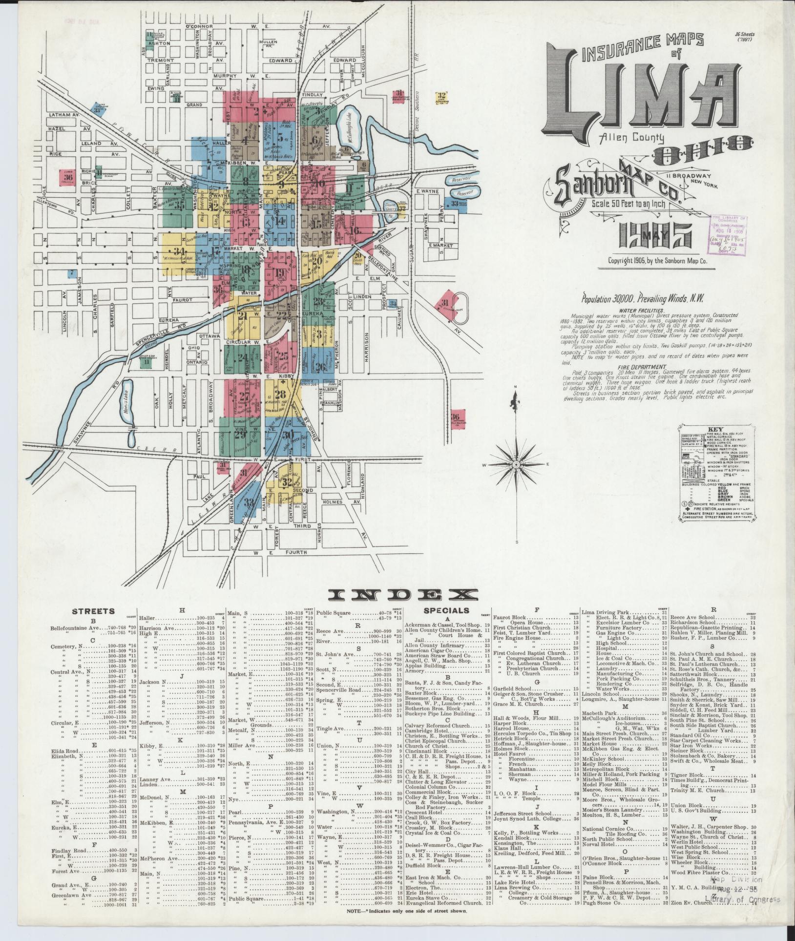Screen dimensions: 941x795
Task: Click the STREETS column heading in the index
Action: click(x=93, y=611)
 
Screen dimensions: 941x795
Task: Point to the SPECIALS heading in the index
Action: click(x=446, y=610)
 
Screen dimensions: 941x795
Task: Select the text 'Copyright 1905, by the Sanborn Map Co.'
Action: click(x=657, y=261)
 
